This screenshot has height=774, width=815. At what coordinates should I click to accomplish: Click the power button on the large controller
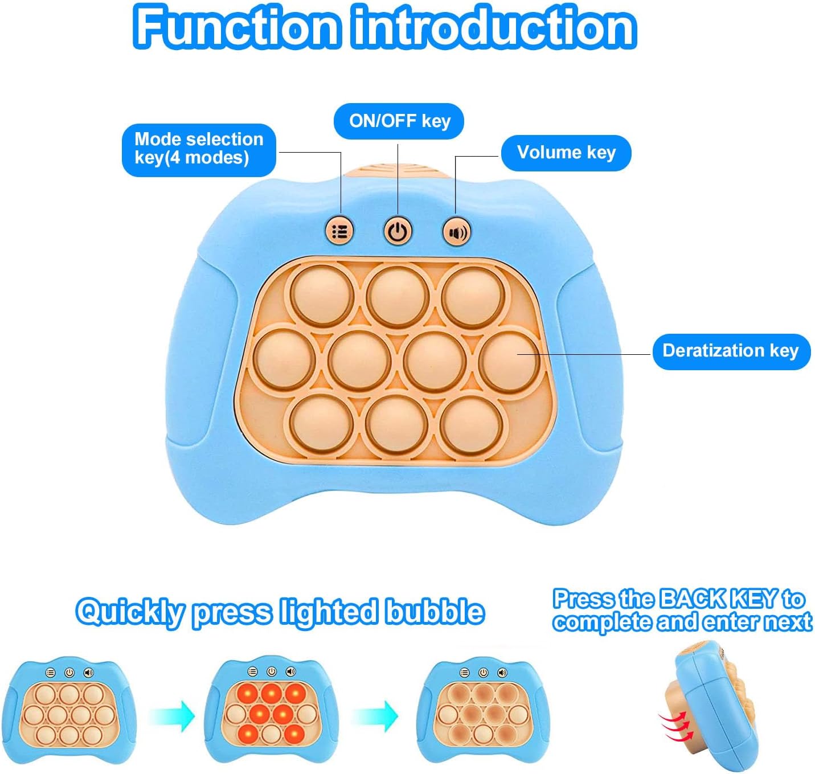[398, 232]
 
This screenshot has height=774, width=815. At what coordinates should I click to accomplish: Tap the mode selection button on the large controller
[339, 231]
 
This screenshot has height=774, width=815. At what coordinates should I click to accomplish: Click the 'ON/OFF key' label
[399, 121]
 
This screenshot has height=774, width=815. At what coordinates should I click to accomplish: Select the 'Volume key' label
[566, 153]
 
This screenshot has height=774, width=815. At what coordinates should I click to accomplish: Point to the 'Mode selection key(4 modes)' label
[199, 149]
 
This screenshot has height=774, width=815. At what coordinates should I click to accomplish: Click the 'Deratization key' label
[730, 351]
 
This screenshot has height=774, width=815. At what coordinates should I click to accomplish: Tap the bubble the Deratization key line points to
[508, 362]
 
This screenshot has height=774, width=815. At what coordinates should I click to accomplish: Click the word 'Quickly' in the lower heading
[130, 613]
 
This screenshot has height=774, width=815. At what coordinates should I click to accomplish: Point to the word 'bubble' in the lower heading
[435, 612]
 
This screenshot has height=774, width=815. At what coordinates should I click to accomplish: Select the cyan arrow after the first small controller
[173, 715]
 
